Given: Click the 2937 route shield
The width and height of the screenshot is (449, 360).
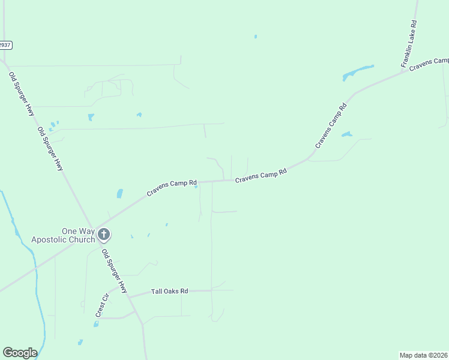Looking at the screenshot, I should (x=5, y=45).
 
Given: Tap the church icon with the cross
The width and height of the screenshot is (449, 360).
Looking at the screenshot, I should (x=103, y=234).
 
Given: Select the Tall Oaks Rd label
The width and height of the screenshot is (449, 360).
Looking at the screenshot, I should (x=169, y=291).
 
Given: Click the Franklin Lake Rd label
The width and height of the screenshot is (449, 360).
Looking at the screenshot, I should (x=409, y=43).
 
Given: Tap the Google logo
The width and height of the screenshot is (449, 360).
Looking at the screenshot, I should (x=20, y=353).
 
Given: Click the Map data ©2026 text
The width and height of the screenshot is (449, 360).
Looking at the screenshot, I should (x=423, y=355).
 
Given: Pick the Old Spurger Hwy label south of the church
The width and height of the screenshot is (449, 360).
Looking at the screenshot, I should (x=114, y=271).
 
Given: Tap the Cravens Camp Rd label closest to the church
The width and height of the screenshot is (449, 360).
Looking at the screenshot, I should (x=172, y=188).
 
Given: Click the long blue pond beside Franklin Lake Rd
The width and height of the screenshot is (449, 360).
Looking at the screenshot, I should (x=358, y=73).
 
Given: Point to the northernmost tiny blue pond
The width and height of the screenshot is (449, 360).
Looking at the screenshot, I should (x=256, y=37).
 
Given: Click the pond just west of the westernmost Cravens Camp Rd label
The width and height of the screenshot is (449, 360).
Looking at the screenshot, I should (x=119, y=194).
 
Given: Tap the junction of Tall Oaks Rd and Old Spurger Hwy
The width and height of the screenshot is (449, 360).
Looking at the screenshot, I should (x=130, y=296).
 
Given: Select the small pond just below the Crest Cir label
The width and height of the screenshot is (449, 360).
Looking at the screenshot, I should (x=96, y=324).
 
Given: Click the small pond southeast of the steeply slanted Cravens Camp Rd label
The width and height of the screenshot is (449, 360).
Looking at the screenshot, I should (x=346, y=134).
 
